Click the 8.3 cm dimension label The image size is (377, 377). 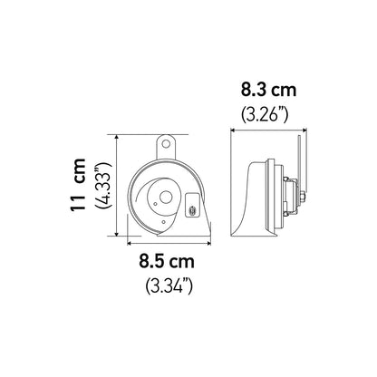tap(268, 91)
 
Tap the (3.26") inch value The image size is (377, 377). tap(265, 115)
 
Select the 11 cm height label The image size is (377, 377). tap(78, 184)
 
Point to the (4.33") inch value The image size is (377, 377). tap(103, 185)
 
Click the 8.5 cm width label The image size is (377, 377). tap(167, 261)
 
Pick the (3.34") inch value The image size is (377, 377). tap(169, 285)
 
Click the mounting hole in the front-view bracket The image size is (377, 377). tap(166, 143)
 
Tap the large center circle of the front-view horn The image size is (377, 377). tap(166, 198)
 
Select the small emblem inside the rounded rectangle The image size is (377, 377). tap(192, 210)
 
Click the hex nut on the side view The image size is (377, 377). tap(303, 198)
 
